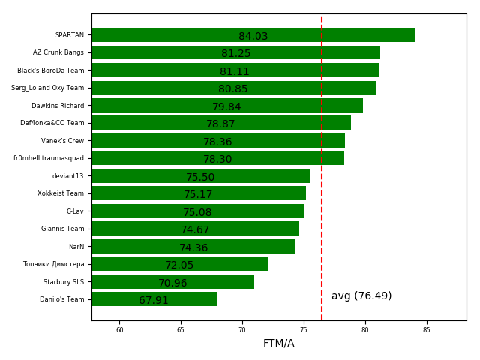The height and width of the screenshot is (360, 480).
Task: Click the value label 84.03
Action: click(253, 37)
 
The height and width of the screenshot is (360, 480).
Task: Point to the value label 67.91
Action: click(154, 301)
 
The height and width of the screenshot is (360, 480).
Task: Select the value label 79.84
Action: click(226, 107)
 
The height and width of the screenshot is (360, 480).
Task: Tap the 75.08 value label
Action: click(197, 213)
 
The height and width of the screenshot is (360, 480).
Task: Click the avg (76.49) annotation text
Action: click(361, 296)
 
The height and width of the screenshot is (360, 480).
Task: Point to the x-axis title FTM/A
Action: click(278, 343)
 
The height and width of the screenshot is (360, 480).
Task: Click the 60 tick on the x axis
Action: click(119, 329)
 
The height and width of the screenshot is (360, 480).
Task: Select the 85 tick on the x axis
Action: click(427, 329)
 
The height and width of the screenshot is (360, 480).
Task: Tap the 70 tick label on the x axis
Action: click(242, 329)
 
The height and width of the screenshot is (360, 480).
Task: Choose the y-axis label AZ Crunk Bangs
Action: click(58, 52)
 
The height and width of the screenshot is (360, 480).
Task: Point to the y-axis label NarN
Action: click(76, 247)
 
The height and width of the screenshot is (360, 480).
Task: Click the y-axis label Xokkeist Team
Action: click(61, 193)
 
